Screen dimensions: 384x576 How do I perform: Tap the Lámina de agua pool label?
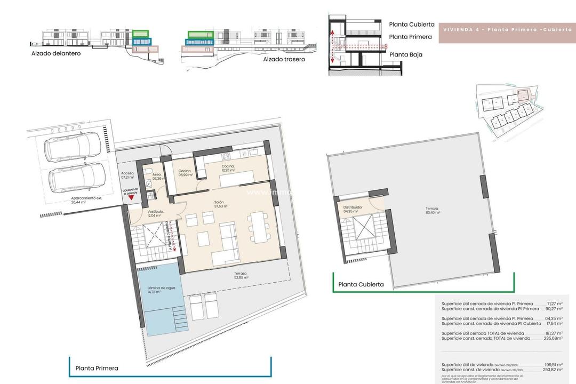coord(159,292)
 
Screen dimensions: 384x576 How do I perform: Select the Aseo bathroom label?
coord(157,177)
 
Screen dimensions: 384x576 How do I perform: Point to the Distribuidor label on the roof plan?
coord(353,209)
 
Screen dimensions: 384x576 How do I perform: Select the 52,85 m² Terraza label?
coord(241,276)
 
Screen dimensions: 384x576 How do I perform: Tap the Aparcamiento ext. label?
coord(86,200)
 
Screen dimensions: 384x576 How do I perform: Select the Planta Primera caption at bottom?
coord(97,368)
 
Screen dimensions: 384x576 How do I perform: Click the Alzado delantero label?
coord(56,53)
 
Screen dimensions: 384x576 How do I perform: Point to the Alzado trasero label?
coord(284,59)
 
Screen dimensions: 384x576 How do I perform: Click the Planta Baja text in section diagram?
coord(406,54)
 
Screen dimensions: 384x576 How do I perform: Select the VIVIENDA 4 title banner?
coord(506,32)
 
